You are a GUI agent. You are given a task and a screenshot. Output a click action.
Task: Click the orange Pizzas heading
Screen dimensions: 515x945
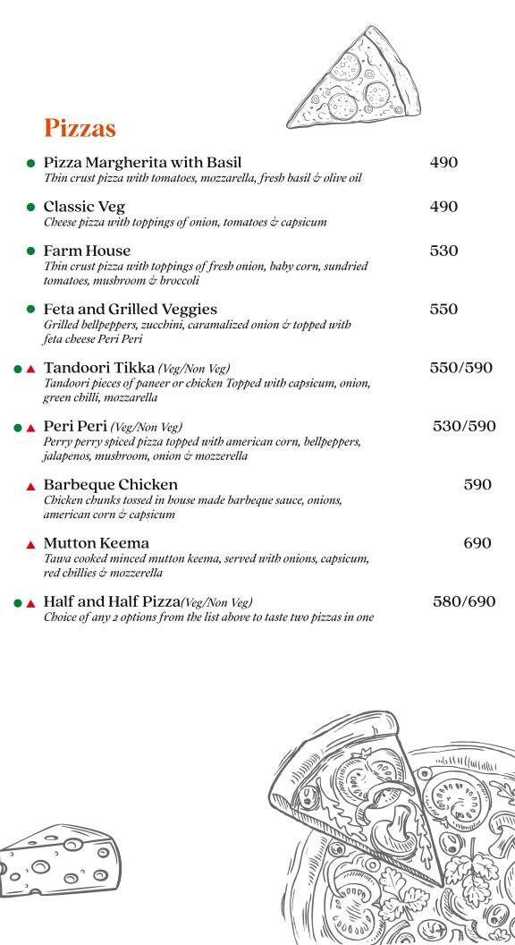click(80, 129)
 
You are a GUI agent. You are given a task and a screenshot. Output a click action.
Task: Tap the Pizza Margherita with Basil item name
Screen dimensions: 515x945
click(142, 163)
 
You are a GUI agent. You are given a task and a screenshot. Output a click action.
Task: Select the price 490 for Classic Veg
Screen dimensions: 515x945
click(443, 207)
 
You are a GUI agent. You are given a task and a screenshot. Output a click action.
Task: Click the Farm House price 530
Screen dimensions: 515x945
click(443, 251)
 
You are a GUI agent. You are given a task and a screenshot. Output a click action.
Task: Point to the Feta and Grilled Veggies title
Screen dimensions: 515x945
click(130, 310)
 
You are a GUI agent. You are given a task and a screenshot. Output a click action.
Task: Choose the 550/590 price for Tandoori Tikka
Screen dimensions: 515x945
click(460, 368)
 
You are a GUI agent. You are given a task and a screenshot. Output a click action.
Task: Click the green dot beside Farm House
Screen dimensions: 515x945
click(30, 251)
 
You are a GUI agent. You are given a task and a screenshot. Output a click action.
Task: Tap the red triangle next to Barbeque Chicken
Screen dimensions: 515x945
click(30, 486)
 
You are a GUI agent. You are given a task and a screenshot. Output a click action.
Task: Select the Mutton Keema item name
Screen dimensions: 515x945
click(97, 543)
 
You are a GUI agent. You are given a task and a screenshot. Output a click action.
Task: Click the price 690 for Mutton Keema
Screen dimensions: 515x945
click(477, 543)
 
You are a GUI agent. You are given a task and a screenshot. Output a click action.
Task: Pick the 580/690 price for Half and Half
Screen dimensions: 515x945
click(464, 601)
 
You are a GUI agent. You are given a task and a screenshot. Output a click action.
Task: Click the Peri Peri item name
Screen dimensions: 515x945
click(75, 426)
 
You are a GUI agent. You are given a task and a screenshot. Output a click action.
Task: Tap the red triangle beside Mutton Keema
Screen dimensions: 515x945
click(30, 544)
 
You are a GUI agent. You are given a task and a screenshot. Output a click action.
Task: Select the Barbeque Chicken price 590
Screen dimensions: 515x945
click(477, 485)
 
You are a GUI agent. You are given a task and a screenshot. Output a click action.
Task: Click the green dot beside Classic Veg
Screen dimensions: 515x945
click(30, 208)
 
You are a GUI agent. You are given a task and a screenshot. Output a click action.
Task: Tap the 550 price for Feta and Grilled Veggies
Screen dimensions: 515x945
click(443, 310)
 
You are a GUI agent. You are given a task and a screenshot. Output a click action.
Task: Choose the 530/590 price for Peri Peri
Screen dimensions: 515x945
click(464, 426)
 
